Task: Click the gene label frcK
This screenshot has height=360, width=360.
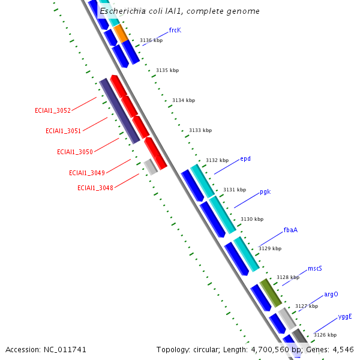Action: (x=175, y=29)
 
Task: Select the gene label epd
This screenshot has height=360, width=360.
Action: (x=245, y=158)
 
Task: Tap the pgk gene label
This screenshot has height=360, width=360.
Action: (x=265, y=192)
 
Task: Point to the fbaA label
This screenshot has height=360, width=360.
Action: (x=290, y=230)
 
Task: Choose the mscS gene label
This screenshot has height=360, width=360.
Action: (x=315, y=268)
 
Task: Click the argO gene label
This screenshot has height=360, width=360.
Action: (x=331, y=294)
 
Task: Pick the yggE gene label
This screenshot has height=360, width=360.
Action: (x=345, y=316)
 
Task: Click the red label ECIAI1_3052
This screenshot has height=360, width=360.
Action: (x=53, y=110)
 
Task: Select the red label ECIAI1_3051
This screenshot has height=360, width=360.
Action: (x=64, y=131)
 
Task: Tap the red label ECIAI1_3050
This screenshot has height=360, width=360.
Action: (x=75, y=152)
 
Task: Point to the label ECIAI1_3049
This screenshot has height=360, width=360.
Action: (x=87, y=173)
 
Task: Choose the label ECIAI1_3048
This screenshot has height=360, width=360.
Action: (x=95, y=188)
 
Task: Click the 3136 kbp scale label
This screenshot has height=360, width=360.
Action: (x=151, y=41)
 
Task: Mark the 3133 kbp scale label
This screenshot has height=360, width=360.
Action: (x=200, y=130)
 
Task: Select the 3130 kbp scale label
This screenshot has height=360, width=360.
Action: (x=252, y=219)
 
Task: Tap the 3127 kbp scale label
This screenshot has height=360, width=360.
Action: (x=307, y=306)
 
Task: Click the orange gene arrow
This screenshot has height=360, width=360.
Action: (x=121, y=34)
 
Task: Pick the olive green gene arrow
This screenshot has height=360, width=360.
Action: (x=270, y=292)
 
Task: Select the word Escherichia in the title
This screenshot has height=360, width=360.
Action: (x=122, y=11)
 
